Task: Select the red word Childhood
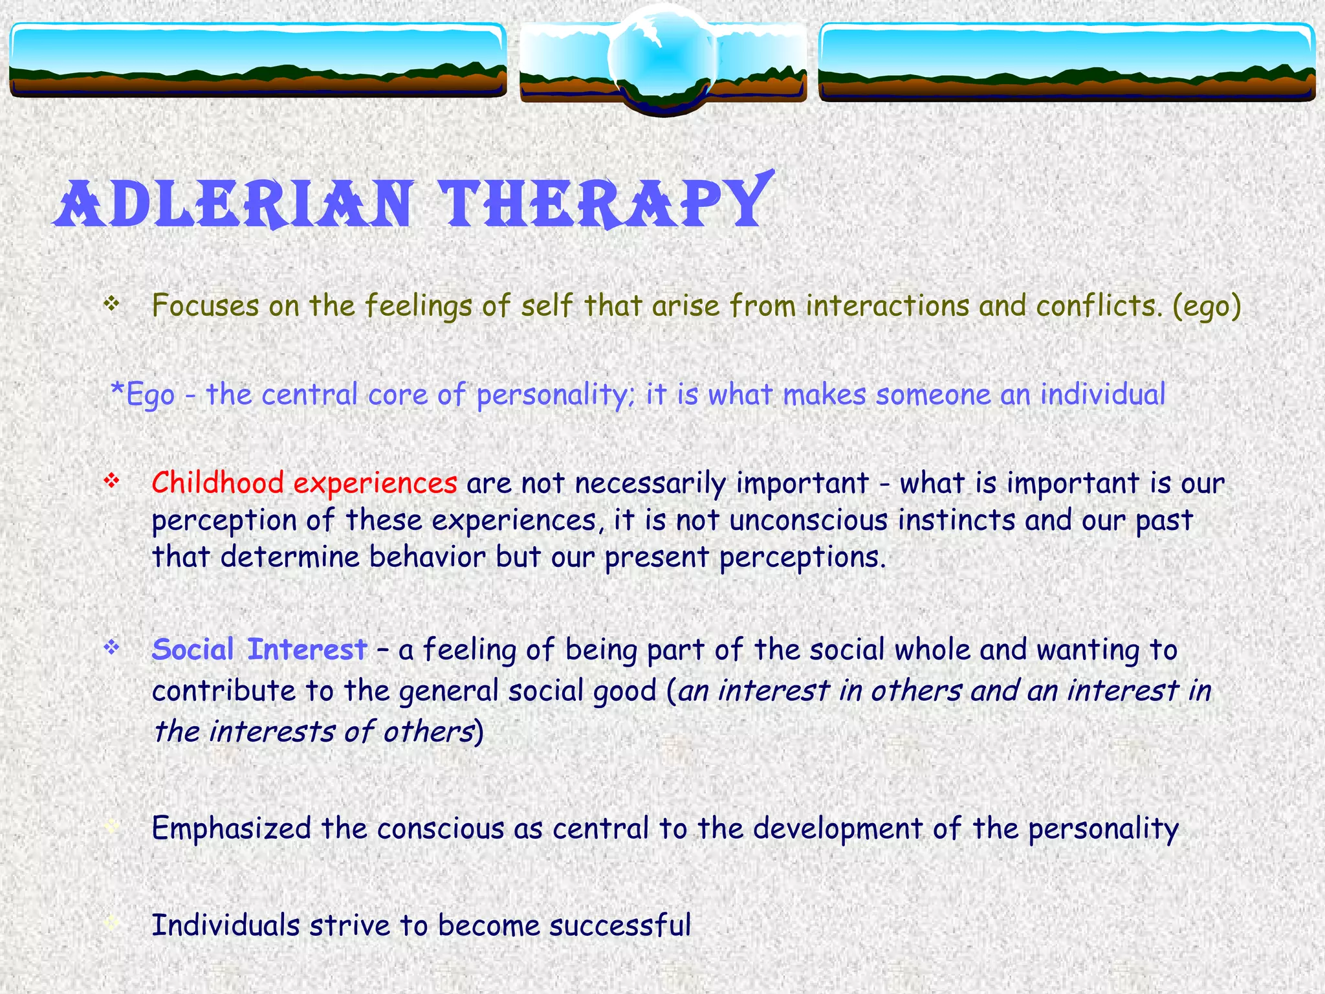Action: [217, 483]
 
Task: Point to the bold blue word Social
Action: [193, 650]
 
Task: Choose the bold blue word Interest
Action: [307, 650]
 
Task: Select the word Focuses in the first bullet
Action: [205, 306]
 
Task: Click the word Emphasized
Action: [232, 828]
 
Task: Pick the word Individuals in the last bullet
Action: [226, 925]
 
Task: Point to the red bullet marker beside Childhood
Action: [112, 481]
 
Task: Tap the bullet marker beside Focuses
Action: [112, 303]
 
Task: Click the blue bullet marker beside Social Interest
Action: [112, 646]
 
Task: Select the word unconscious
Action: [808, 520]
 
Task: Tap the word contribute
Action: [224, 691]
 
